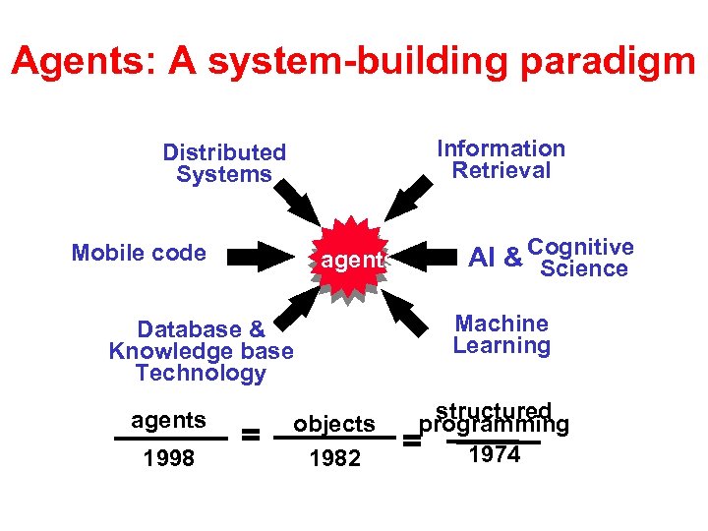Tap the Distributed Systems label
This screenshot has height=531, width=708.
tap(224, 163)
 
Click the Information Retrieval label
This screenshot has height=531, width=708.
tap(501, 159)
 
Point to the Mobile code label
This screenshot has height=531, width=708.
tap(139, 253)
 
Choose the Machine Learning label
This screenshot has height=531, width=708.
tap(501, 334)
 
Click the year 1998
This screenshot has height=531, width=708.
tap(168, 458)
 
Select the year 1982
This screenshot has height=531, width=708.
tap(334, 458)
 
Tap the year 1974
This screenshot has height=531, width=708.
tap(495, 454)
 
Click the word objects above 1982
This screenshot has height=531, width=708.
tap(334, 424)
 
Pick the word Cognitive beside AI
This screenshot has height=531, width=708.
tap(580, 247)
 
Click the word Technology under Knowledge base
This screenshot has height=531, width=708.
tap(201, 373)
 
